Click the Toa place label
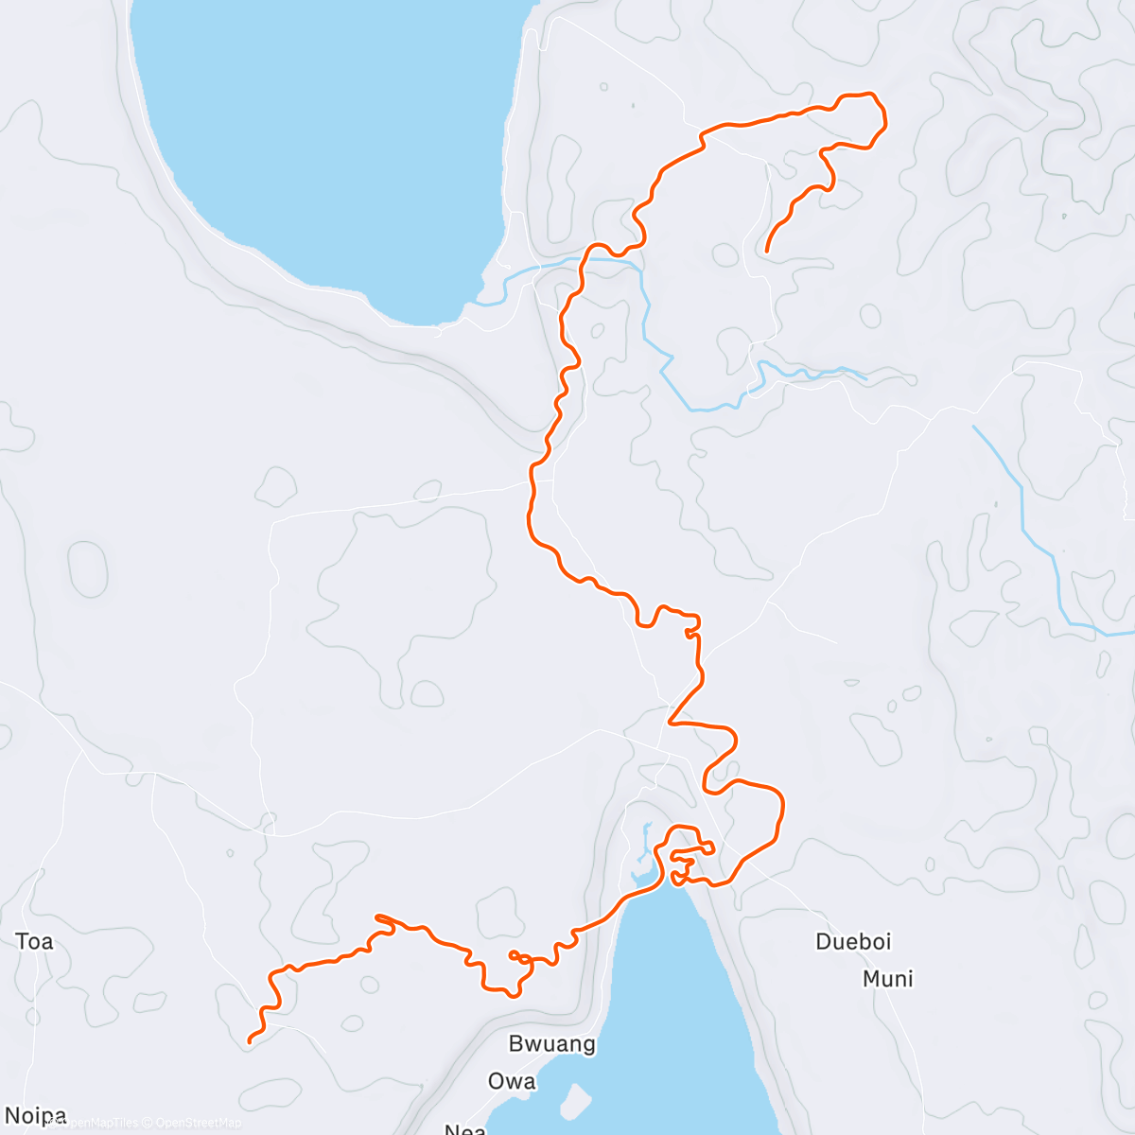point(34,941)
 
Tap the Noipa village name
point(36,1116)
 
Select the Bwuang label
point(552,1044)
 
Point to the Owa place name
point(512,1081)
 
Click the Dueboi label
point(853,941)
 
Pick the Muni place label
point(888,979)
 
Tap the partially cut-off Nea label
point(465,1128)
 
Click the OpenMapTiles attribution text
point(98,1123)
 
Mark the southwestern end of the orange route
point(250,1041)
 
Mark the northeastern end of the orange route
point(766,251)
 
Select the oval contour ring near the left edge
point(87,568)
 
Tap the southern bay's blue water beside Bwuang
point(662,1021)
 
